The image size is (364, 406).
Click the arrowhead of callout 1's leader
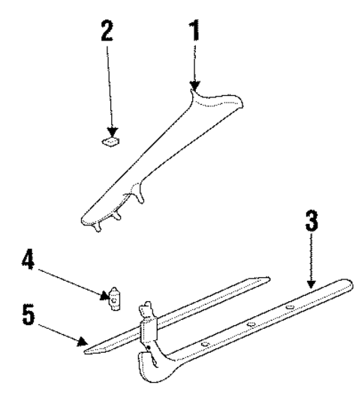coord(194,90)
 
